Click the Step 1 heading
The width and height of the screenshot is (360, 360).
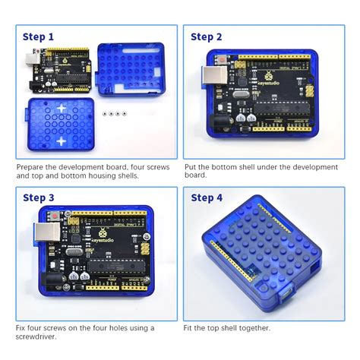[38, 36]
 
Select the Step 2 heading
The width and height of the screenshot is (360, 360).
[207, 36]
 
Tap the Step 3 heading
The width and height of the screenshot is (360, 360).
[38, 198]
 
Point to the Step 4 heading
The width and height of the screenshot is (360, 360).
[207, 198]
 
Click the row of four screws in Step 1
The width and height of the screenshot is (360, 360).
[112, 112]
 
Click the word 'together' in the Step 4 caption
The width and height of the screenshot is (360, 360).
[251, 327]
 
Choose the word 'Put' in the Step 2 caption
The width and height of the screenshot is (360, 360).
[191, 165]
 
